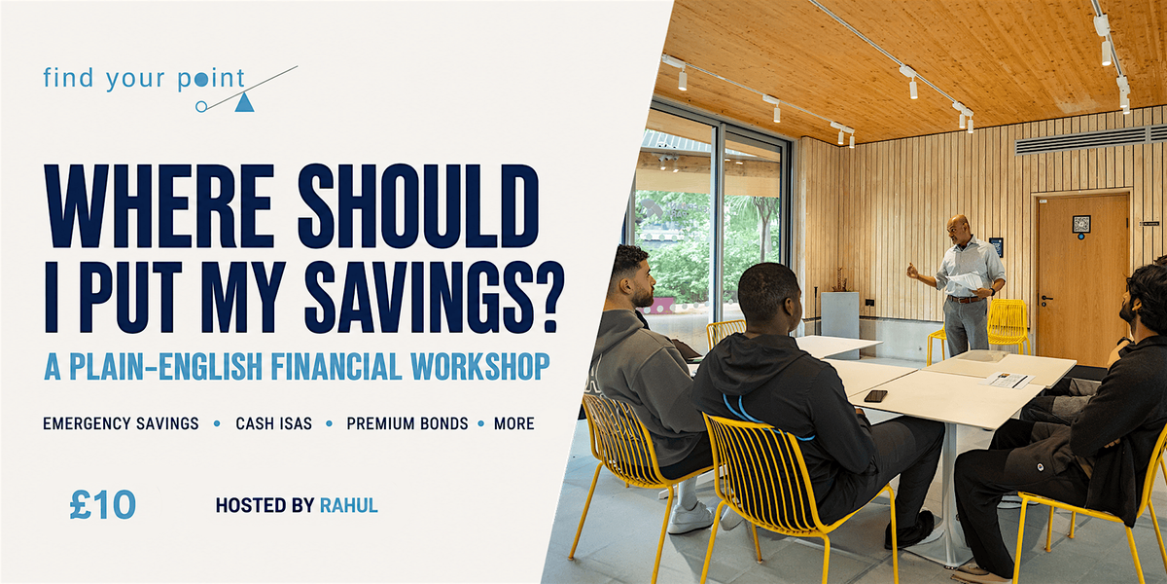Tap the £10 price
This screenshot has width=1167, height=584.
[103, 505]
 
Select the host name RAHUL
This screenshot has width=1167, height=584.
[348, 505]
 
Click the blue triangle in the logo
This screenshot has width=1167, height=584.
[244, 103]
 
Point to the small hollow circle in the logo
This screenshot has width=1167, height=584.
[201, 107]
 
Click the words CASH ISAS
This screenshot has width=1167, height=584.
[273, 423]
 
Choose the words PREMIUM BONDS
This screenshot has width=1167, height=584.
[407, 423]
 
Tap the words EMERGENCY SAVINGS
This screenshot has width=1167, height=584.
[121, 423]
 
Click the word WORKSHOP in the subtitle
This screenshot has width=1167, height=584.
[480, 366]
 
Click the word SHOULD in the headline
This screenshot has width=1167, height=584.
[418, 206]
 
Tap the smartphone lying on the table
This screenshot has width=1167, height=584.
[875, 396]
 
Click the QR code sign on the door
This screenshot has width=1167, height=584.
[1081, 224]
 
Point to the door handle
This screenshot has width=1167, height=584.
[1046, 299]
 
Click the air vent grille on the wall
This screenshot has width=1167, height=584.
[1090, 140]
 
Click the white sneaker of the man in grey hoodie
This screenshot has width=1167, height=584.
[690, 517]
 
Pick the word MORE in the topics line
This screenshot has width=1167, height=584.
[513, 423]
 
